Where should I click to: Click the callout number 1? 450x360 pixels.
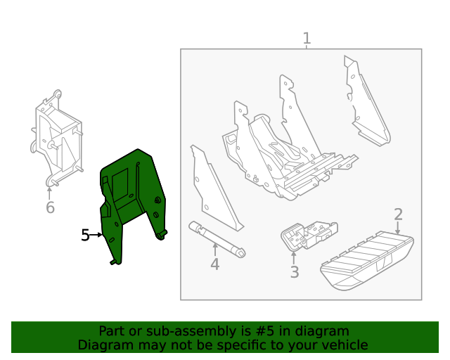click(307, 38)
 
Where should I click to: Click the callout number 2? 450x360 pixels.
click(398, 214)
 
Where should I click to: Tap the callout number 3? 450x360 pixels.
click(295, 271)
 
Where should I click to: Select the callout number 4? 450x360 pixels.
click(215, 264)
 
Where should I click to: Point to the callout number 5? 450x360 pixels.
click(85, 235)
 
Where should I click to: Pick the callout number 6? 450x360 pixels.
click(50, 207)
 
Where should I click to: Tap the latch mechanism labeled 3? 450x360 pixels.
click(308, 233)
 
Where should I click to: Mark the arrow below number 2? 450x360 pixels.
click(398, 229)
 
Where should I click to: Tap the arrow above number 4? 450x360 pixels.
click(215, 249)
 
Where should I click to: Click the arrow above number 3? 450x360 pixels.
click(294, 256)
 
